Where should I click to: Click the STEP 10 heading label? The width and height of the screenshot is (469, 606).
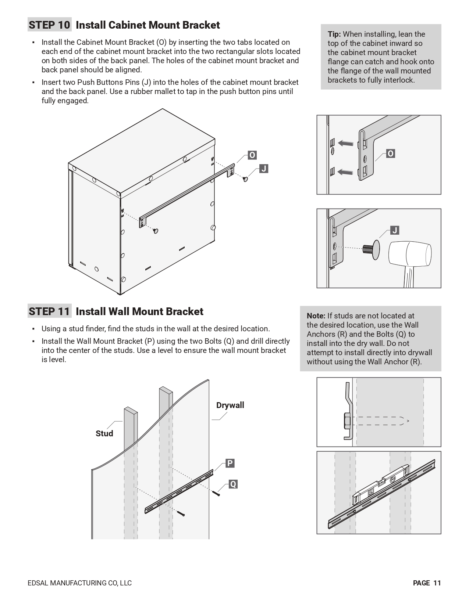coord(49,25)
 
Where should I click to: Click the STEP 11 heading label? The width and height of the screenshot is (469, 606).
coord(49,311)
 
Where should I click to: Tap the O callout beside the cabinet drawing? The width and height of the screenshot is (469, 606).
coord(252,155)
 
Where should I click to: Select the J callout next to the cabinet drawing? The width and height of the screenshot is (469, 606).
coord(264,169)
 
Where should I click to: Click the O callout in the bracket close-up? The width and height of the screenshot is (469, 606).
coord(391,154)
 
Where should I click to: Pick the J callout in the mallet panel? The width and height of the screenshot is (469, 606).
coord(394,230)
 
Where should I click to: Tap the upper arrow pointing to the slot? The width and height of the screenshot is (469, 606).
coord(345,143)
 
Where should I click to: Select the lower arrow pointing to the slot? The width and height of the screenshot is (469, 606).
coord(345,172)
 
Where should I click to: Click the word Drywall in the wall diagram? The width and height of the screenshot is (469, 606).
coord(230,405)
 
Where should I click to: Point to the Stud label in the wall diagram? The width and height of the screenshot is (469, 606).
coord(104,433)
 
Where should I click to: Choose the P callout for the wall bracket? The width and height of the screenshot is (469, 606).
coord(230,463)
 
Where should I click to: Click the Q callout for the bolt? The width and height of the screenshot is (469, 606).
coord(233,484)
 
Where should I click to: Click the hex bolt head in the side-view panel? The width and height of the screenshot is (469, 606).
coord(347,421)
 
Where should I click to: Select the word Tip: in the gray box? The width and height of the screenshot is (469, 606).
coord(334,34)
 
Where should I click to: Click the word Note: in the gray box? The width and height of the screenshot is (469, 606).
coord(316,316)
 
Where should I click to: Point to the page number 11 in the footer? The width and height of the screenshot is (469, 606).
coord(437,583)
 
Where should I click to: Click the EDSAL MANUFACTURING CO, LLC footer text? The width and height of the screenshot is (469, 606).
coord(79,583)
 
